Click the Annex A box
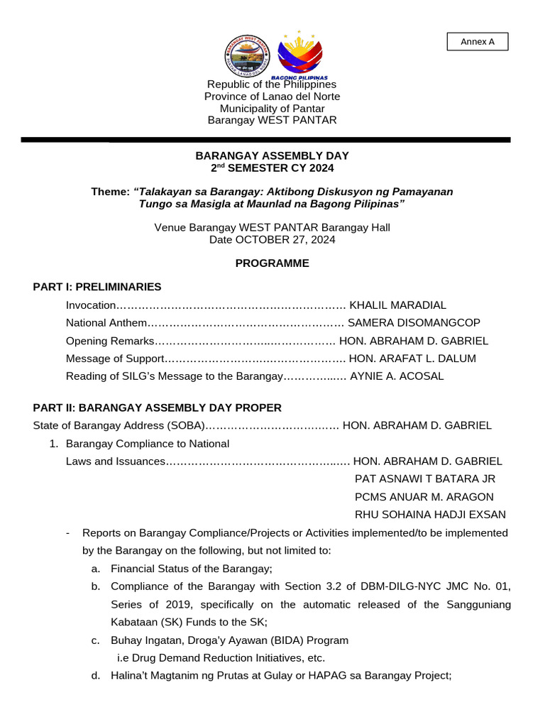[x=477, y=42]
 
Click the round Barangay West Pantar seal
[x=246, y=55]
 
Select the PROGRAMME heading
[x=272, y=263]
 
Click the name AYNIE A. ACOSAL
[x=397, y=376]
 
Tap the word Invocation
[x=90, y=305]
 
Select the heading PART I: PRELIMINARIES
[x=97, y=287]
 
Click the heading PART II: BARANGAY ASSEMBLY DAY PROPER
[x=157, y=408]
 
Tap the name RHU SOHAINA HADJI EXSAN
[x=430, y=514]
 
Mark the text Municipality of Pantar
[x=272, y=109]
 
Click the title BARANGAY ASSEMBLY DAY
[x=272, y=155]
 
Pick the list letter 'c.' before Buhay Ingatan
[x=95, y=640]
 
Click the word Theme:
[x=110, y=192]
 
